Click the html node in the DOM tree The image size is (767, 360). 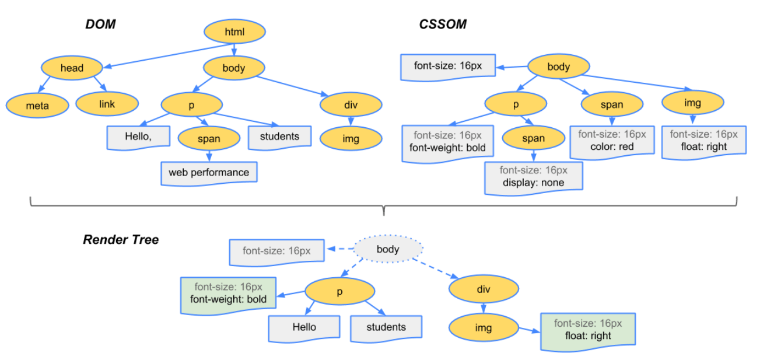(235, 32)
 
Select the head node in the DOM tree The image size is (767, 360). (72, 68)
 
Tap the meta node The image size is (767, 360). (37, 106)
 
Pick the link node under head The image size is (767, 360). (107, 104)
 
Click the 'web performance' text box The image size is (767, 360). (209, 173)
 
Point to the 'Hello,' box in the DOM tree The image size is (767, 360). (138, 137)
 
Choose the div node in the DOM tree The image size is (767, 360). (351, 105)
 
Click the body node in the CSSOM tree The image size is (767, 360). (558, 67)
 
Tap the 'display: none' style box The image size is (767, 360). (533, 177)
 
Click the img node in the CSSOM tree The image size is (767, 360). (693, 103)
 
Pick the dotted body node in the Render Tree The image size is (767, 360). (388, 249)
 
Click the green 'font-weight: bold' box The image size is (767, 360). (228, 293)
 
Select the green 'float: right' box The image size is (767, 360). (588, 330)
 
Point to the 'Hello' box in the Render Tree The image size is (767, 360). (304, 327)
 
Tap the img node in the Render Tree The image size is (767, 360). (484, 328)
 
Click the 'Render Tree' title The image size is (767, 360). (121, 240)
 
